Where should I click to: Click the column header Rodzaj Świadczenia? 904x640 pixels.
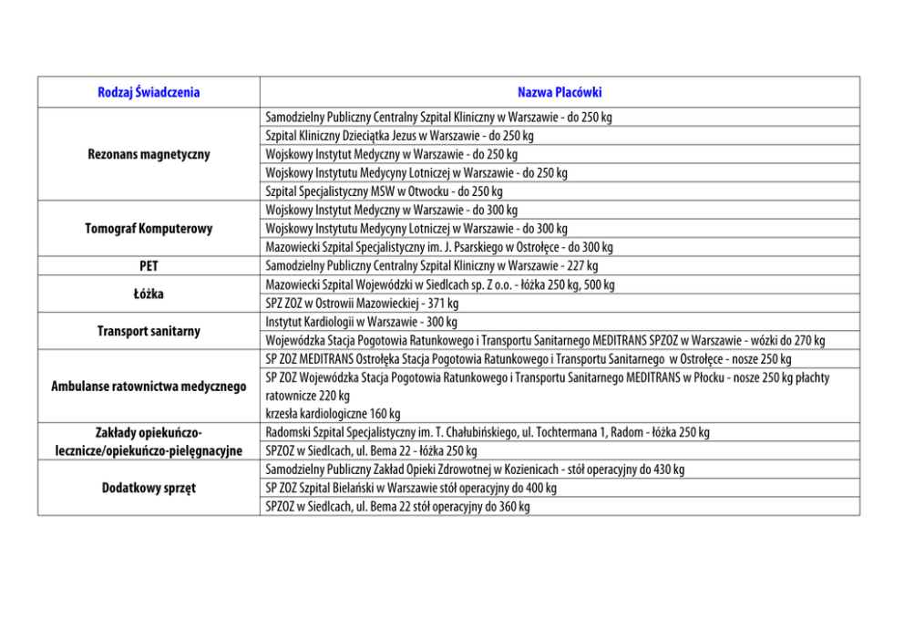pyautogui.click(x=149, y=92)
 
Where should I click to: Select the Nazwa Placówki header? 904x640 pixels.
pyautogui.click(x=559, y=92)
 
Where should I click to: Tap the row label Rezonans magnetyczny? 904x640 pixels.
pyautogui.click(x=149, y=154)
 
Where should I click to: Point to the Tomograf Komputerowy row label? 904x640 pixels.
pyautogui.click(x=149, y=228)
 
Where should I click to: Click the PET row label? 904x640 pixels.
pyautogui.click(x=149, y=265)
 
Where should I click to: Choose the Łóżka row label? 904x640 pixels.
pyautogui.click(x=149, y=294)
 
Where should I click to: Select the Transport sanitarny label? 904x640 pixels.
pyautogui.click(x=149, y=331)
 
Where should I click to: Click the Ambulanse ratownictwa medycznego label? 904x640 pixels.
pyautogui.click(x=149, y=387)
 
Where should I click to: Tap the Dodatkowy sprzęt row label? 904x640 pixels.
pyautogui.click(x=149, y=488)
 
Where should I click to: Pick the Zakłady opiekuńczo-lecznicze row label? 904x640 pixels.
pyautogui.click(x=149, y=440)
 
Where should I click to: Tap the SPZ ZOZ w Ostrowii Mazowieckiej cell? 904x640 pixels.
pyautogui.click(x=362, y=303)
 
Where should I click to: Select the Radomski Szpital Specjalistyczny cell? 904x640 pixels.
pyautogui.click(x=488, y=432)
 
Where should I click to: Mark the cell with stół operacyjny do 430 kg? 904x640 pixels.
pyautogui.click(x=475, y=470)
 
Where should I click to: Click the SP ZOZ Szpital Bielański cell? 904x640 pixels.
pyautogui.click(x=411, y=488)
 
